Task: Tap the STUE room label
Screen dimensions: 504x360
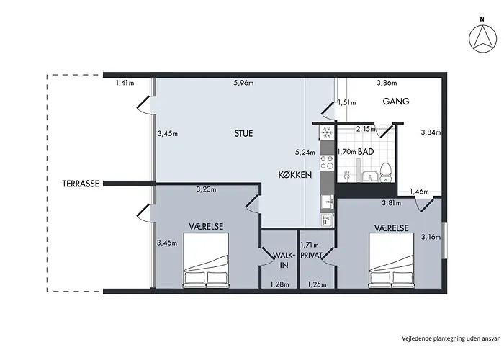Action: (x=243, y=133)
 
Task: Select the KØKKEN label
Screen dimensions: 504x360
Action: (x=294, y=175)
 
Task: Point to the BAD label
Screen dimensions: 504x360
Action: (x=366, y=151)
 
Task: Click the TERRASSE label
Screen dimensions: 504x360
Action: (x=81, y=184)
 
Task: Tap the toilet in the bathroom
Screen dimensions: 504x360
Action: (x=385, y=172)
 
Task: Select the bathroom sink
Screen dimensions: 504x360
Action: (x=369, y=176)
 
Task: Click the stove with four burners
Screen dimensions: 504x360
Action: (x=327, y=162)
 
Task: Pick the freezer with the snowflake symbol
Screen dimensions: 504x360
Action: (x=327, y=132)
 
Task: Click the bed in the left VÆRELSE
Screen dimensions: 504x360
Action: (x=206, y=261)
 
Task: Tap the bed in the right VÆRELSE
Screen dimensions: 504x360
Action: (x=391, y=261)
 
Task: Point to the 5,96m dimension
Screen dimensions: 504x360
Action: (x=243, y=83)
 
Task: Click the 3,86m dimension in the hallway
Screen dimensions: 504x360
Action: (x=387, y=83)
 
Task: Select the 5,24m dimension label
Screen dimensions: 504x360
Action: (x=305, y=153)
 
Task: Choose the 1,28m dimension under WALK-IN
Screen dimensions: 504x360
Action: (x=279, y=284)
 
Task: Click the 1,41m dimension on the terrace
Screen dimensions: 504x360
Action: (x=125, y=83)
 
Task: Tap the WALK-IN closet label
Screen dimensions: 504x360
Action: (x=284, y=261)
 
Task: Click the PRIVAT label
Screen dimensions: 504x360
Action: (x=311, y=255)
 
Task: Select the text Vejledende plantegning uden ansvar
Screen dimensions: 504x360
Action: (x=451, y=338)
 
